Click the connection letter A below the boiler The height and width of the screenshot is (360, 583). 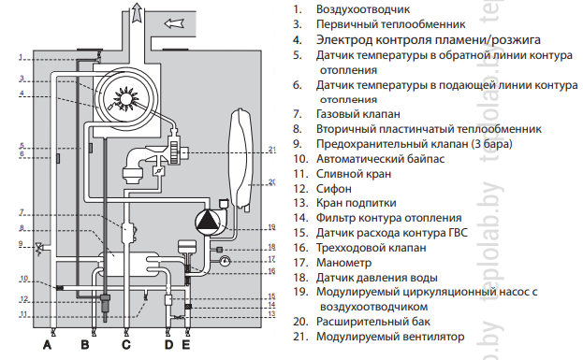[x=47, y=345]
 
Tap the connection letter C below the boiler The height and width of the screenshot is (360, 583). [x=126, y=345]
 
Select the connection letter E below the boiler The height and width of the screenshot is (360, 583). [x=186, y=345]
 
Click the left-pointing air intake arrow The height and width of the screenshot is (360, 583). [x=174, y=23]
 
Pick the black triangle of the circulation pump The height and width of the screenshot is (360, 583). [x=206, y=220]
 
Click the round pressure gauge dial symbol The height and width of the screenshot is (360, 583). [x=225, y=261]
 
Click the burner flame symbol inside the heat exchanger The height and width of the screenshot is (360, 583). [x=126, y=98]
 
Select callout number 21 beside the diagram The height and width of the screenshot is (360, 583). [x=272, y=150]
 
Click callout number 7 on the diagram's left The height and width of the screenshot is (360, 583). [x=22, y=212]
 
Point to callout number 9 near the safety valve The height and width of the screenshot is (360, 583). [x=22, y=244]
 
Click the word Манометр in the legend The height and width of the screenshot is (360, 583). [x=343, y=263]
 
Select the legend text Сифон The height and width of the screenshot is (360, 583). [x=333, y=189]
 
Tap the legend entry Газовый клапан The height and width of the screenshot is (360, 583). [x=358, y=114]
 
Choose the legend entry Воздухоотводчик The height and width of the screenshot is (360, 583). [x=363, y=9]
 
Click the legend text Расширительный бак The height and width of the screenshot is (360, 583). [x=373, y=322]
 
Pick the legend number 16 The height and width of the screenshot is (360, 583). [x=300, y=248]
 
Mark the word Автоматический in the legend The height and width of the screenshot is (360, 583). [x=359, y=159]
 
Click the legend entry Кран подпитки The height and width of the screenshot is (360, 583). [x=356, y=203]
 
